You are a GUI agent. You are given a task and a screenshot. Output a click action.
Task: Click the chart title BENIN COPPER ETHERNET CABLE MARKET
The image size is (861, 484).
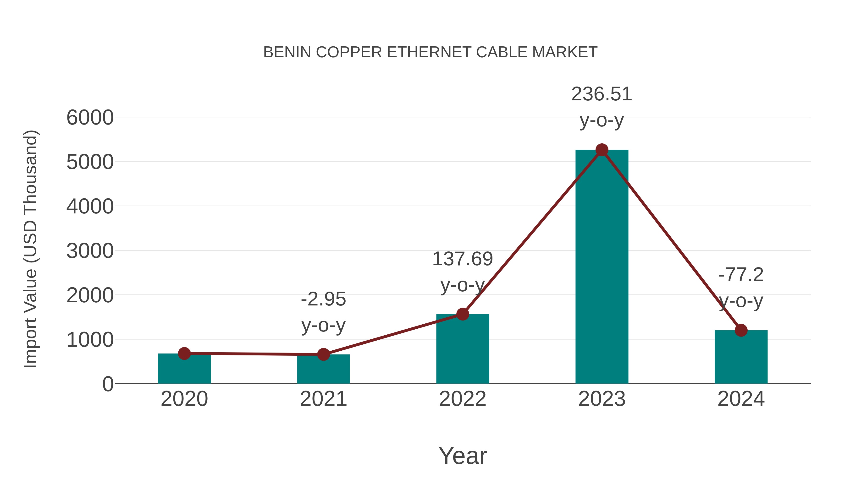point(430,52)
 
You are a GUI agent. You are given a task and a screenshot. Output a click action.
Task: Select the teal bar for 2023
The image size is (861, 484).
point(602,267)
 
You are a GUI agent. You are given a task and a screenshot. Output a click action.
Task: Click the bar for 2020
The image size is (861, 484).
point(184,369)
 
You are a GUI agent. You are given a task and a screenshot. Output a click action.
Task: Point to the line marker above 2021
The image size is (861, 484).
point(323,354)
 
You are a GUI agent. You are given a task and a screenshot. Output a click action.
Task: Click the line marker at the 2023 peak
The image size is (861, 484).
point(602,150)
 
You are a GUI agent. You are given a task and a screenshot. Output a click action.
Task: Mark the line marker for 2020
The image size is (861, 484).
point(184,353)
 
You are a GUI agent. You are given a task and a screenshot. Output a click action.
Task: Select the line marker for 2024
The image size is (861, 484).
point(741,330)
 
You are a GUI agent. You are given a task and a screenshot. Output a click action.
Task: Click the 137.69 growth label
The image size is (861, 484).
point(463,259)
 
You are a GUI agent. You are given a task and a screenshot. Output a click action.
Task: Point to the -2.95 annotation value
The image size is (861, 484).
point(323,299)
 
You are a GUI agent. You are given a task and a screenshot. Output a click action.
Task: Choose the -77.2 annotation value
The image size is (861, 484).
point(741,275)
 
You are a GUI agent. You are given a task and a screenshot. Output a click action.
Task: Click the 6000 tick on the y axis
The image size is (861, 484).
point(90,118)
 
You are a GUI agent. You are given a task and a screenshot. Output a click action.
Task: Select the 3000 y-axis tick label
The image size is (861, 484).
point(90,251)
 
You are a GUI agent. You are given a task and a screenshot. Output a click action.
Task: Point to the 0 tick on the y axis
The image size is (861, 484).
point(108,384)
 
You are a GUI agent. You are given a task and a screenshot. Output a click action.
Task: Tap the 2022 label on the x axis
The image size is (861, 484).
point(463,399)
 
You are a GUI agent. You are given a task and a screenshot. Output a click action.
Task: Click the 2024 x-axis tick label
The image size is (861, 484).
point(741,399)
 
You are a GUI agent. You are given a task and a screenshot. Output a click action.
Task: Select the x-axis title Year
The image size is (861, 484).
point(463,456)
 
